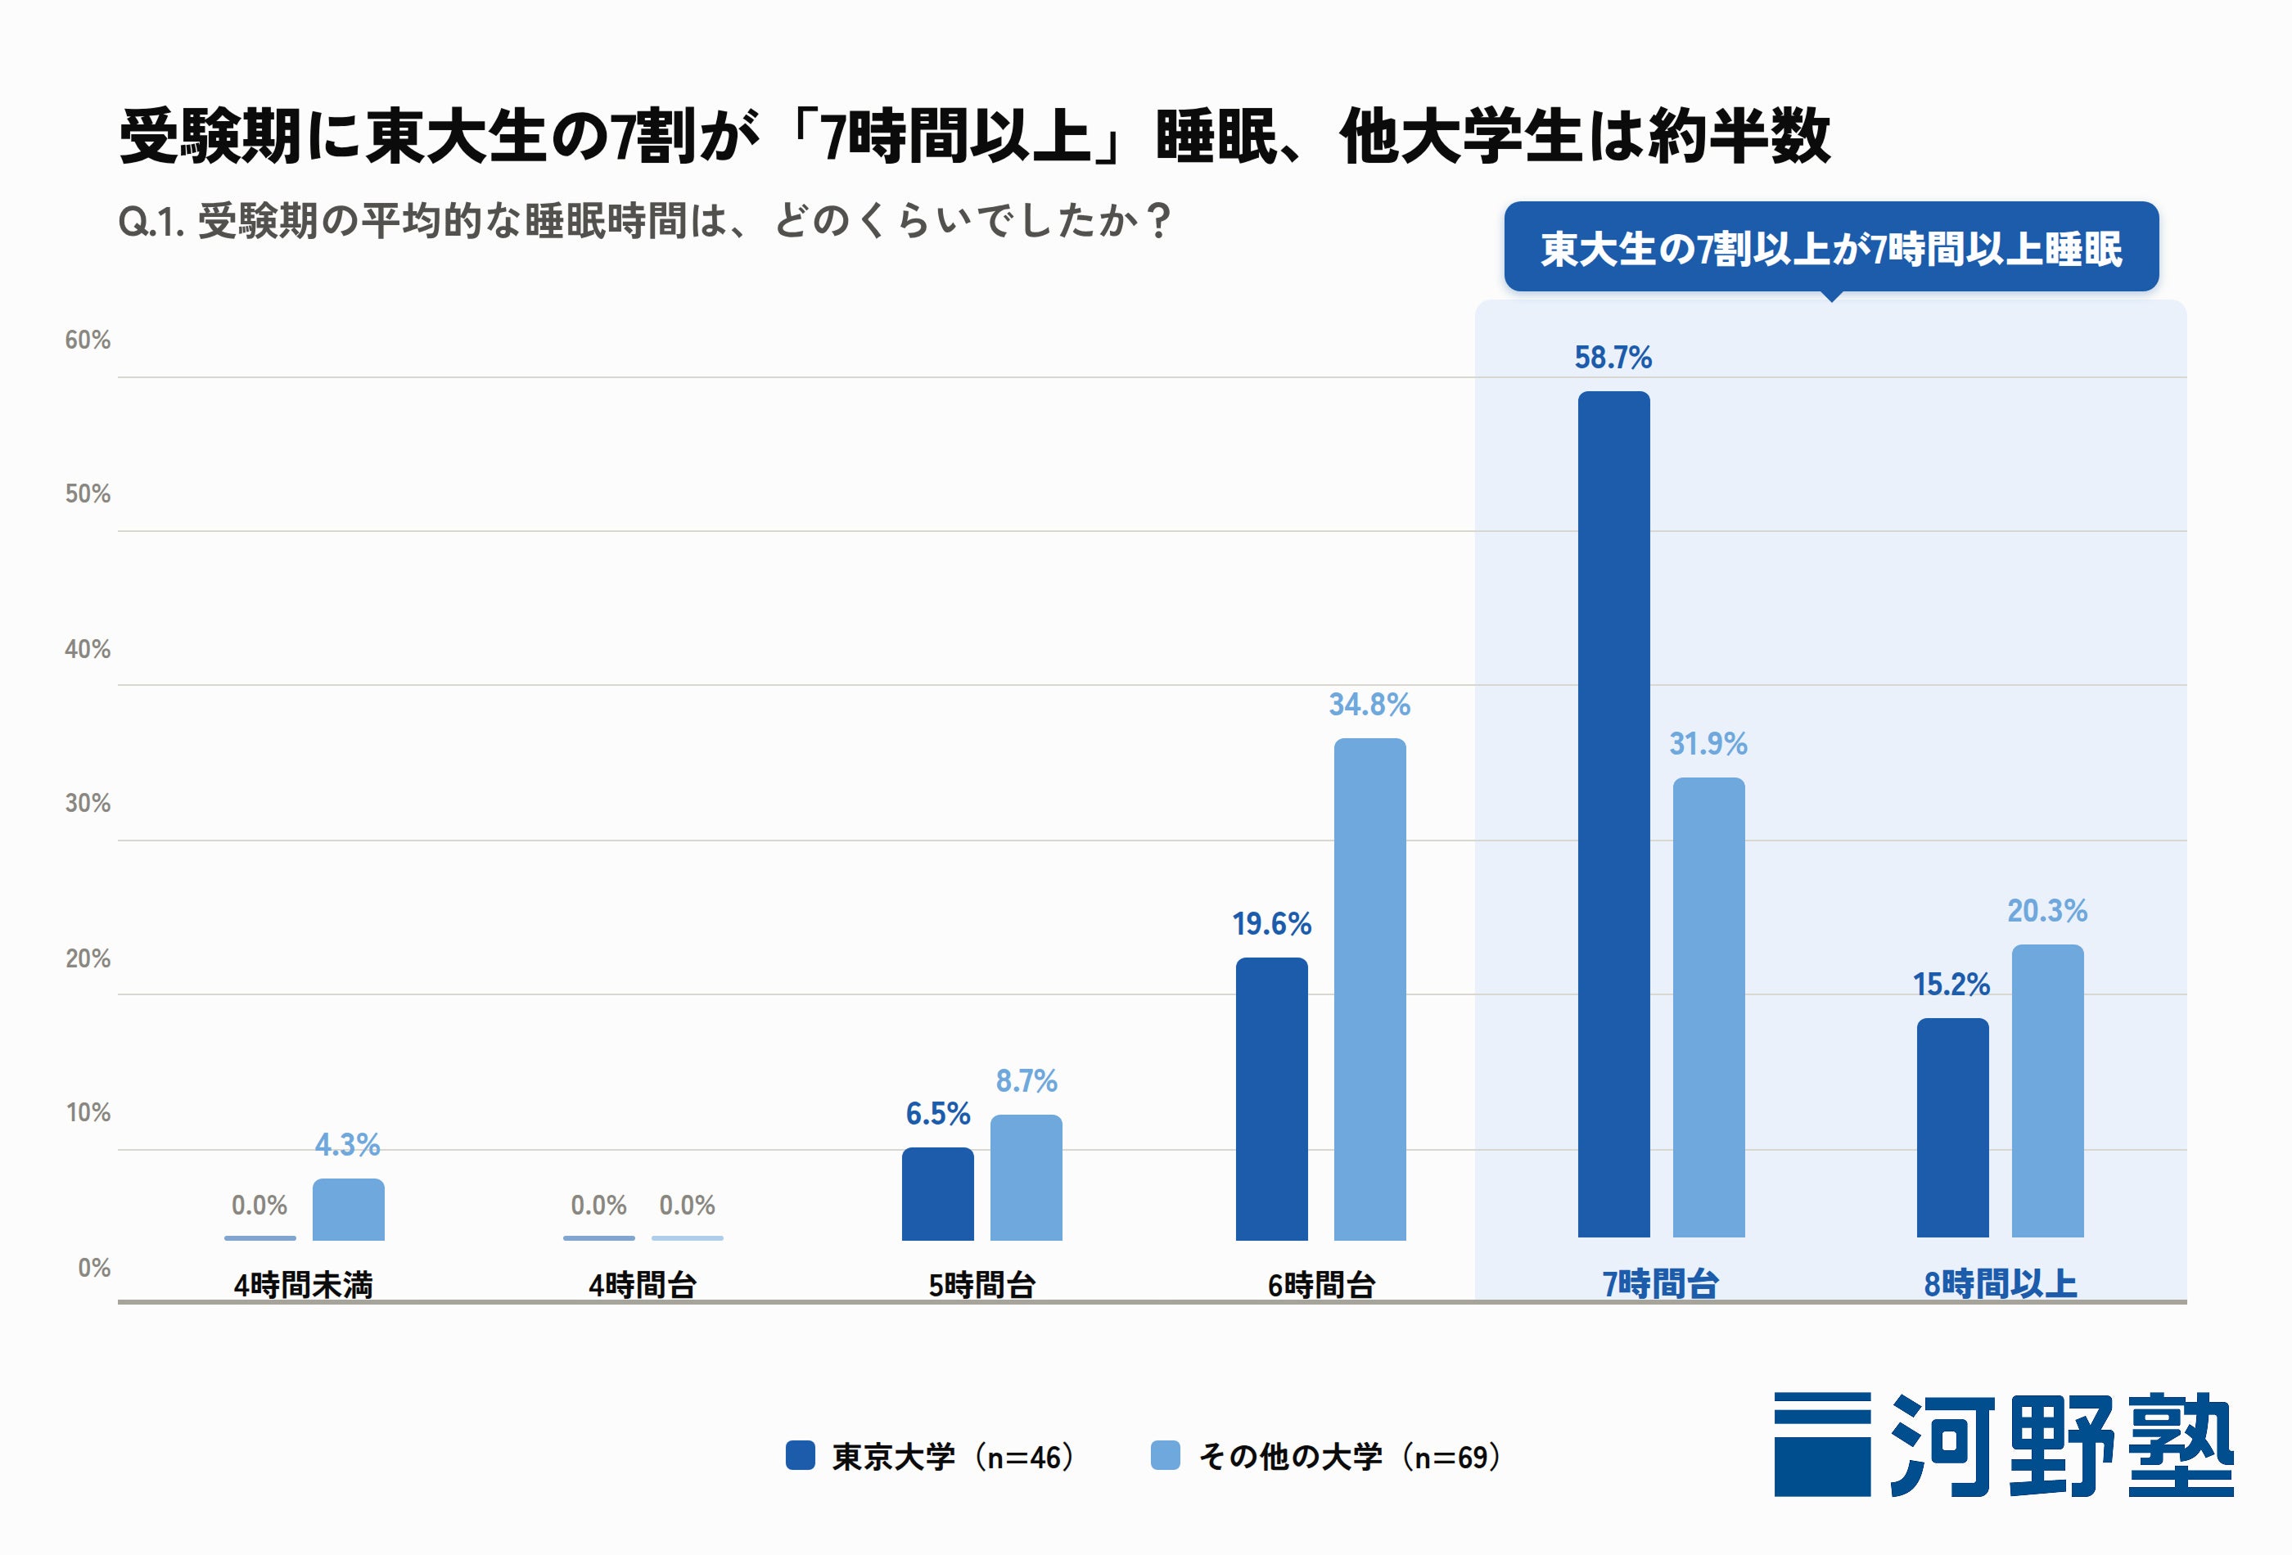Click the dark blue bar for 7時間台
[1613, 814]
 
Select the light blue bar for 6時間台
[1369, 989]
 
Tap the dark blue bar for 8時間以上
[1953, 1128]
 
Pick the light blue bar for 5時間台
[1026, 1178]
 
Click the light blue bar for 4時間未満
[348, 1209]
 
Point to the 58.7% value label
[1613, 357]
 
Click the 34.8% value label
[1369, 704]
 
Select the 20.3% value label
[2047, 910]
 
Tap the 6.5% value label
[938, 1113]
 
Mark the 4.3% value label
[347, 1144]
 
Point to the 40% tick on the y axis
[88, 649]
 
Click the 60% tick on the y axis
[88, 340]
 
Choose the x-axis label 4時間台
[643, 1285]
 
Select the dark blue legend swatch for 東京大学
[800, 1455]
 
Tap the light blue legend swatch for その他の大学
[1166, 1455]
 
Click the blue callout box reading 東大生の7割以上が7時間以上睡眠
[1831, 246]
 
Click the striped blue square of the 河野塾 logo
[1823, 1445]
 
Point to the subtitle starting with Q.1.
[645, 221]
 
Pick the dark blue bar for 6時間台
[1272, 1098]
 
